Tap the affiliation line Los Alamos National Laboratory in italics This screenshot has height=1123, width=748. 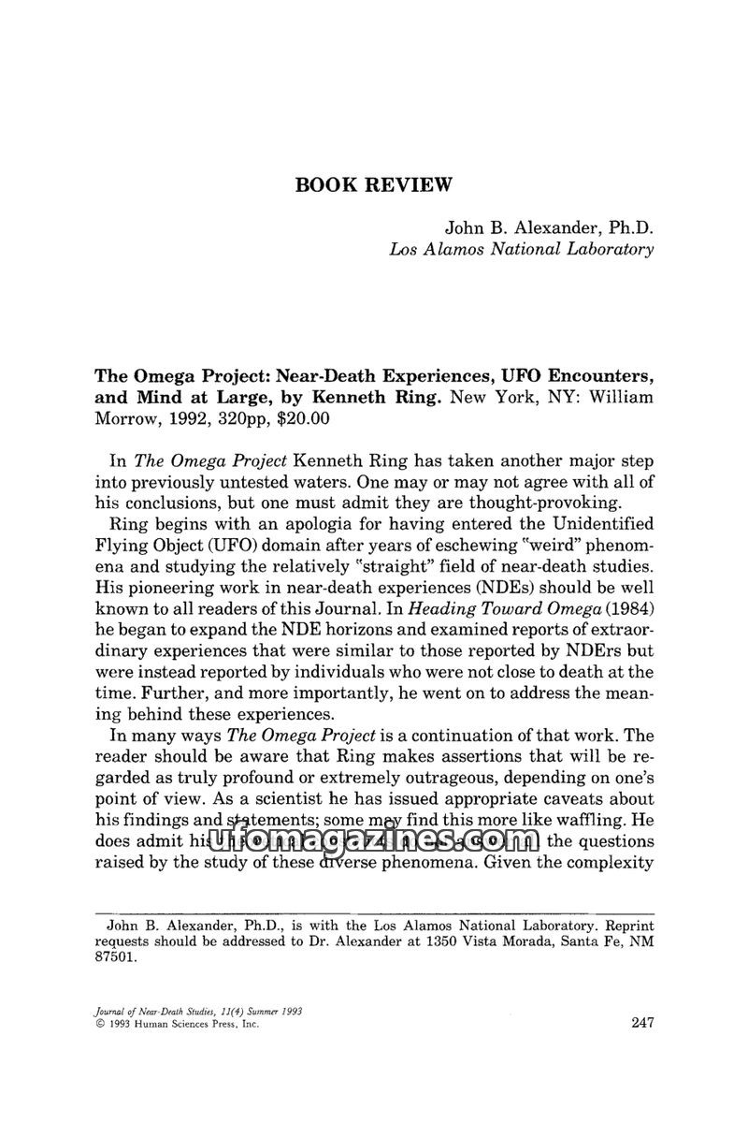click(521, 249)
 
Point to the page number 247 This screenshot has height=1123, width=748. click(636, 1023)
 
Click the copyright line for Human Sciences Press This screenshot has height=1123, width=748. click(177, 1025)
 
